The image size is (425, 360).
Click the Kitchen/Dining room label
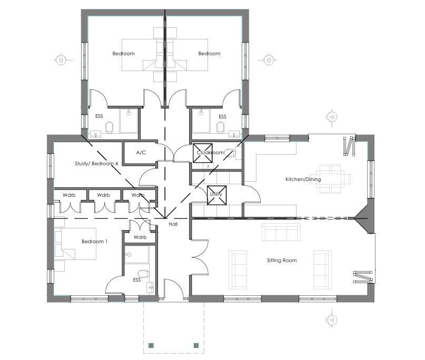[303, 179]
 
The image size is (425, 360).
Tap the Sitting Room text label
[282, 261]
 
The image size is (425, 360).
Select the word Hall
[173, 224]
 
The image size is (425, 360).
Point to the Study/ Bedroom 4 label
[96, 164]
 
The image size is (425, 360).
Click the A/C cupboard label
[141, 153]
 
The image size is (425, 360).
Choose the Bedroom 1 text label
[94, 242]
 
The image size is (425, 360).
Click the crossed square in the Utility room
[216, 194]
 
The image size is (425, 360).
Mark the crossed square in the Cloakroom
[202, 152]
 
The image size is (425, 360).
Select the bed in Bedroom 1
[75, 244]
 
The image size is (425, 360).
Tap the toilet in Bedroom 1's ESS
[142, 273]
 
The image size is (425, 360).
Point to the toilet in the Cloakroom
[230, 153]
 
